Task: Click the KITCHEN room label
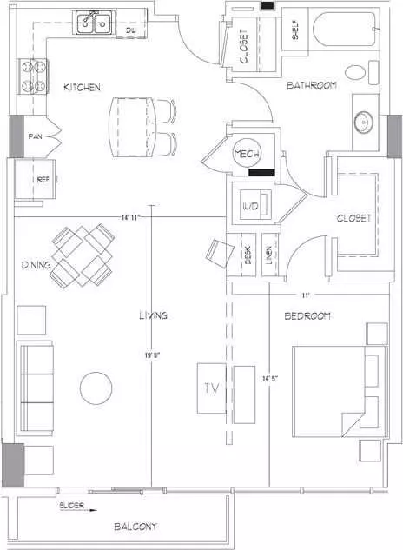tap(82, 87)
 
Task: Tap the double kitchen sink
tap(94, 23)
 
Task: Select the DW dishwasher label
tap(130, 31)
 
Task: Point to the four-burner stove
tap(34, 76)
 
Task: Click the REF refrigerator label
tap(43, 180)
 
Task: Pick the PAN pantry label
tap(35, 136)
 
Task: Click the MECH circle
tap(247, 154)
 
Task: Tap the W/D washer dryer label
tap(250, 206)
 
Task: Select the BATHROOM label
tap(312, 85)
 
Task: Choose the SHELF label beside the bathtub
tap(295, 30)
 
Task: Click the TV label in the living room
tap(212, 388)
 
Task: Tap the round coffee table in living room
tap(96, 388)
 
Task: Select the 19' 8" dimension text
tap(152, 355)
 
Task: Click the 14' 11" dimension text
tap(130, 218)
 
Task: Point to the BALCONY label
tap(135, 527)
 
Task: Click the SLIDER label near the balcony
tap(71, 506)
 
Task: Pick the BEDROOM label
tap(307, 316)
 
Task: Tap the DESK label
tap(248, 255)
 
